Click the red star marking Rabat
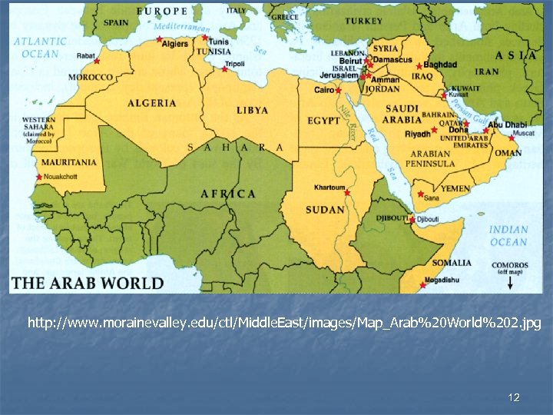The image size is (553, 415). [x=97, y=61]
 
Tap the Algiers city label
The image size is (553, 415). [x=174, y=45]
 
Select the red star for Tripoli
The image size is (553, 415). [x=224, y=69]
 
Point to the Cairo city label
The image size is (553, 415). [x=324, y=90]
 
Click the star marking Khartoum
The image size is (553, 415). [x=346, y=192]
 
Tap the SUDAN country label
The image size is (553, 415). [x=325, y=210]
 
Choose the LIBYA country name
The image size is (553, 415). [x=252, y=111]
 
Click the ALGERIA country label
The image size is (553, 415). [x=151, y=103]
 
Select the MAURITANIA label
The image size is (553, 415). [x=69, y=163]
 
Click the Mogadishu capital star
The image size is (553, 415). [x=422, y=285]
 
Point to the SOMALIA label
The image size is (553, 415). [x=451, y=263]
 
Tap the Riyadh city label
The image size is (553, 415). [x=418, y=134]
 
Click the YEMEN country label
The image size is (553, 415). [x=455, y=188]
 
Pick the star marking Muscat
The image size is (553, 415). [x=512, y=138]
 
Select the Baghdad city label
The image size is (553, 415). [x=440, y=65]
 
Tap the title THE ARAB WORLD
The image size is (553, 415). [x=88, y=283]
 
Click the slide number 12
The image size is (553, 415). [x=514, y=397]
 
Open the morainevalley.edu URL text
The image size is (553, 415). [x=284, y=324]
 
